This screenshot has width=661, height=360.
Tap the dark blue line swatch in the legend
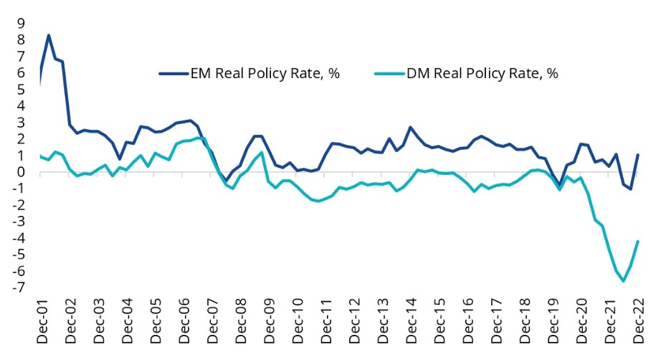[172, 73]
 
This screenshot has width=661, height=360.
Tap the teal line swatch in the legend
[388, 73]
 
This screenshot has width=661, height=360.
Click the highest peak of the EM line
[48, 35]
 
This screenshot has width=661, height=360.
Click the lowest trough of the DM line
[623, 281]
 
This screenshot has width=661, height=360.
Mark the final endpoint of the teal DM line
[637, 242]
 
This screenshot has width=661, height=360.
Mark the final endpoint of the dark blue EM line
[637, 155]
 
